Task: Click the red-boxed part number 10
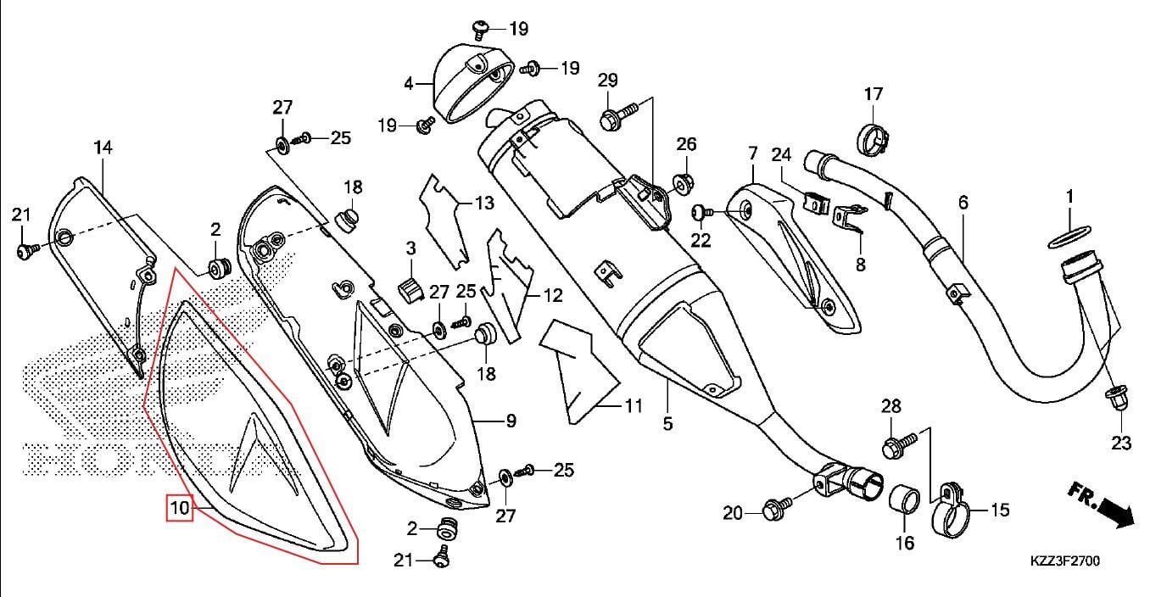(x=179, y=509)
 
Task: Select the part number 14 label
(x=103, y=148)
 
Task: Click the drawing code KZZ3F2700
(x=1065, y=561)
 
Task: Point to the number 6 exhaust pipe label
(x=963, y=203)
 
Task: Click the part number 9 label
(x=511, y=421)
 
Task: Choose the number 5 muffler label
(x=668, y=422)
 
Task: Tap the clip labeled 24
(x=815, y=204)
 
